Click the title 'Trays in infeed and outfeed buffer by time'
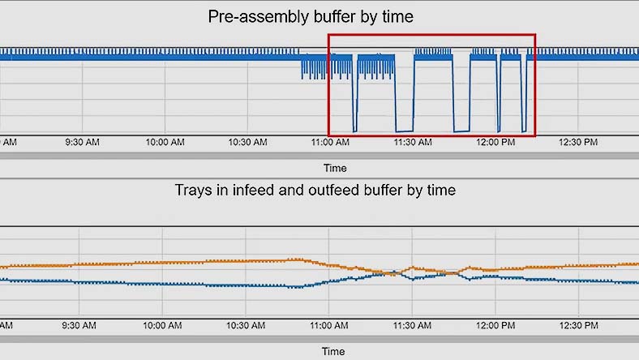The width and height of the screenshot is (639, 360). (x=315, y=191)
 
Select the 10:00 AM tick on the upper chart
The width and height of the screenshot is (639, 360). (x=165, y=142)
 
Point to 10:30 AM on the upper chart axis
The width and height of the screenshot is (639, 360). (x=248, y=142)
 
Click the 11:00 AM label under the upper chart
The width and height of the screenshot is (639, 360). (x=331, y=142)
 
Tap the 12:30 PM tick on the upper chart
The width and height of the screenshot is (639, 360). (x=579, y=142)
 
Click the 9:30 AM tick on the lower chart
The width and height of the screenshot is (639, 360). (x=82, y=324)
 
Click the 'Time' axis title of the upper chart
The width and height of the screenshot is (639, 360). (x=335, y=169)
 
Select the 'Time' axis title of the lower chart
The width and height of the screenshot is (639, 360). (x=333, y=352)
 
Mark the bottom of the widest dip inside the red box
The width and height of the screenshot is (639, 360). (x=403, y=131)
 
